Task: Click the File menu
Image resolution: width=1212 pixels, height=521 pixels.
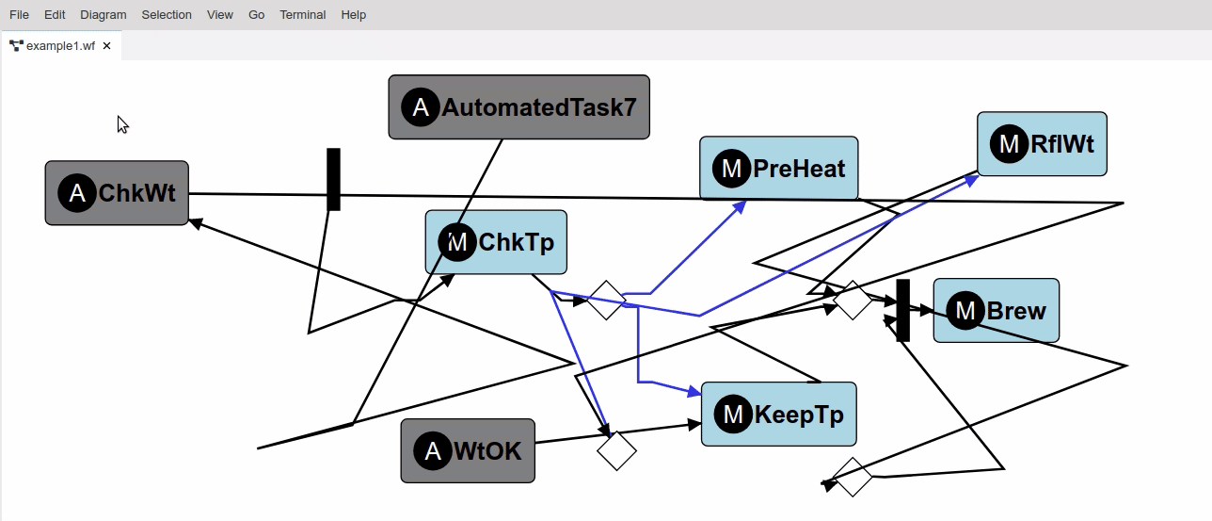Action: (19, 15)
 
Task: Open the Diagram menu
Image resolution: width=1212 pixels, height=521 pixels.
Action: (103, 15)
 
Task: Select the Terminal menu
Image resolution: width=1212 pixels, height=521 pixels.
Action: (302, 15)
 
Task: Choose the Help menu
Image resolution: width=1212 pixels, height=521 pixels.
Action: (354, 15)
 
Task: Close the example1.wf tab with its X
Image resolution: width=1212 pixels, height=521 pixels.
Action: (107, 45)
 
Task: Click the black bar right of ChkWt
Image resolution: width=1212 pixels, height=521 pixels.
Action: (333, 179)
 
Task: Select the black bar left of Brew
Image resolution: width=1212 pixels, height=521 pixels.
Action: (902, 310)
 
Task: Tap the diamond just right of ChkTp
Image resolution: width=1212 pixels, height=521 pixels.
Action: (606, 300)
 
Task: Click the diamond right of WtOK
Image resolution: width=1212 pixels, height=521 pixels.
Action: (616, 450)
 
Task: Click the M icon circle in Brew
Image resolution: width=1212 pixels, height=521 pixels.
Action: (965, 310)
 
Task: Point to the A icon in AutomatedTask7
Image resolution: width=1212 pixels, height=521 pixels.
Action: (421, 107)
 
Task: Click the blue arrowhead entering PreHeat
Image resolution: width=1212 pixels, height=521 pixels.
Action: (741, 205)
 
